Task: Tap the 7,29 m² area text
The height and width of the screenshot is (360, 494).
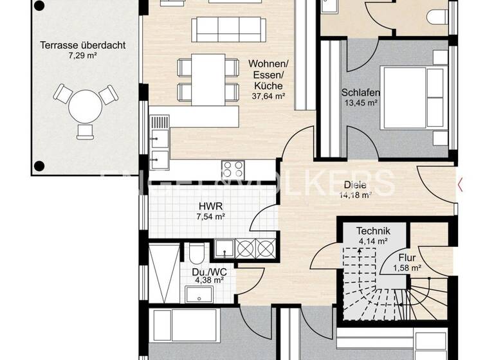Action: [82, 56]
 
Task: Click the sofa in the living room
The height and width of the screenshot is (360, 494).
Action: [228, 30]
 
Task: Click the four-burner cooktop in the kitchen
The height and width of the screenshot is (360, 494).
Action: [233, 170]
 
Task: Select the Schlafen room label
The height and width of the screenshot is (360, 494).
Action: [360, 93]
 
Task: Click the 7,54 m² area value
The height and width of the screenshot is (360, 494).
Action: [211, 217]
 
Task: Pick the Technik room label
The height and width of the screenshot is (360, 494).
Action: [374, 231]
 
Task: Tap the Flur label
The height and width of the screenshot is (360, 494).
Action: [407, 257]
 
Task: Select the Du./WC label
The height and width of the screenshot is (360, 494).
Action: [207, 271]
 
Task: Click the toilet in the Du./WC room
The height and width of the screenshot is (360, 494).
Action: [196, 253]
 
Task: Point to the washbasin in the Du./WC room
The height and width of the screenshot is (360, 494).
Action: [199, 294]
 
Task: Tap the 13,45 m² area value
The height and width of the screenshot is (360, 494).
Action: [360, 103]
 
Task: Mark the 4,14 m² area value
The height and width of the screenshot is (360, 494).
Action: [374, 242]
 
